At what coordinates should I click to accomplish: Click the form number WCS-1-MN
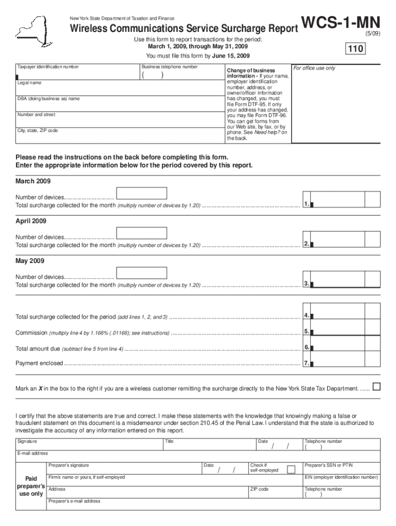tap(341, 23)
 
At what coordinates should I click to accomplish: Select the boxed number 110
tap(355, 49)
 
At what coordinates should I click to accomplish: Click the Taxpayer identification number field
tap(77, 74)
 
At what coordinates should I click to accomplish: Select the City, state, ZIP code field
tap(118, 136)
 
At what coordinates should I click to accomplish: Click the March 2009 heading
tap(33, 181)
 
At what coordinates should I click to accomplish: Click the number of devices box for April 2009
tap(141, 233)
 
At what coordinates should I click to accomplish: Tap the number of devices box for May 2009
tap(141, 273)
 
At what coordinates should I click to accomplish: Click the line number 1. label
tap(307, 204)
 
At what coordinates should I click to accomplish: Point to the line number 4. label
tap(307, 315)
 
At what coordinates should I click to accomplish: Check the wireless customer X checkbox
tap(376, 387)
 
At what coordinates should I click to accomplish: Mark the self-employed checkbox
tap(291, 469)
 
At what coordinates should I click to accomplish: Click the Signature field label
tap(27, 441)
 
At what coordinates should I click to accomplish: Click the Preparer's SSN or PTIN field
tap(341, 468)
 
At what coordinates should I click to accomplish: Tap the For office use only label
tap(314, 68)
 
